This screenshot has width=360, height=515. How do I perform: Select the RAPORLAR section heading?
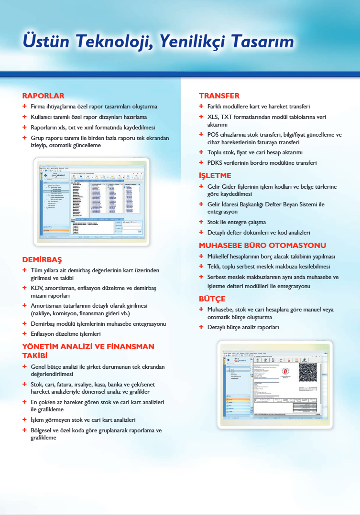click(43, 96)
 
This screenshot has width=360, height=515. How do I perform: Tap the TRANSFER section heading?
click(219, 96)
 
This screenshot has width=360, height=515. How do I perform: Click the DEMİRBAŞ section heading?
click(42, 260)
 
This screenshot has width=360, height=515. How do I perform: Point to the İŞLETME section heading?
click(215, 175)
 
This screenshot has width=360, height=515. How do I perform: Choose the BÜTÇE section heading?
click(212, 299)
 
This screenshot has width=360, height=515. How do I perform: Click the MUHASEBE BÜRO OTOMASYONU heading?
click(262, 246)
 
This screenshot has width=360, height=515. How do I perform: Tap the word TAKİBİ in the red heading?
click(35, 356)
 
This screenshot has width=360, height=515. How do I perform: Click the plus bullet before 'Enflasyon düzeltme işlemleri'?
click(24, 333)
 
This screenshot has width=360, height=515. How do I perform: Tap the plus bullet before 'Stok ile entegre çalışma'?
click(201, 222)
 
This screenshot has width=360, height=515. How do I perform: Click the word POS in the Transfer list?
click(213, 135)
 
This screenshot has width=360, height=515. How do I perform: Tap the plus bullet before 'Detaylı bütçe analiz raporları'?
click(201, 327)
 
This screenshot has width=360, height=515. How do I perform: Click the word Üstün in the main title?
click(42, 42)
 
